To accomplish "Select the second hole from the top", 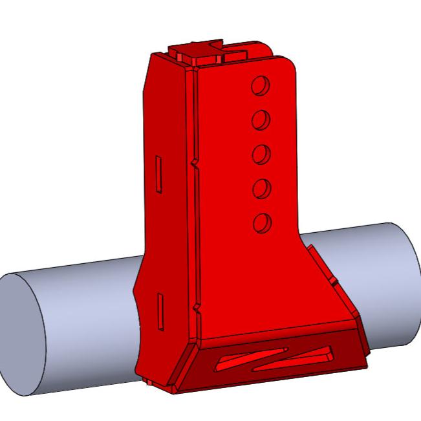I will coord(261,120).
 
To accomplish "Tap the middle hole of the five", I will coord(261,155).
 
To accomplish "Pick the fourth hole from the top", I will coord(261,189).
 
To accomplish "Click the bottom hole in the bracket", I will coord(262,223).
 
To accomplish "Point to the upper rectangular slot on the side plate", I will coord(157,173).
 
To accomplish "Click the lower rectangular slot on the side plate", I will coord(159,308).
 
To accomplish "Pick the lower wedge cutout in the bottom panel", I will coord(294,360).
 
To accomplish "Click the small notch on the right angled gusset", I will coord(333,283).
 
